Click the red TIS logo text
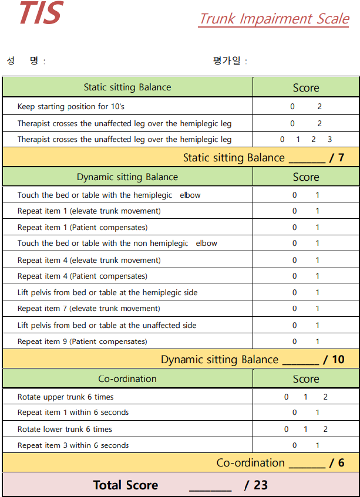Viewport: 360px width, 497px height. tap(41, 13)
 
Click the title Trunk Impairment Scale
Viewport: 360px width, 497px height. tap(274, 19)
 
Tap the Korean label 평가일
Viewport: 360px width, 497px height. tap(227, 60)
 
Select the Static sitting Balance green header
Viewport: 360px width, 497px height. tap(127, 87)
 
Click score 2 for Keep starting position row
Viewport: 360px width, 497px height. tap(319, 107)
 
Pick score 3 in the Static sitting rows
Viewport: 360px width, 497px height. tap(329, 140)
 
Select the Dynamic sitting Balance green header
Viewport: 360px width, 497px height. tap(127, 177)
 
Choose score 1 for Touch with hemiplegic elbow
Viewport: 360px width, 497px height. tap(318, 195)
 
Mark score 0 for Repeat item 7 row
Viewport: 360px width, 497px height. tap(295, 309)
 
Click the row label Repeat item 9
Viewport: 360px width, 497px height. tap(82, 342)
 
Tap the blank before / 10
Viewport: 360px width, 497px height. tap(300, 360)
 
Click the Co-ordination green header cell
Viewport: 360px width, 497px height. tap(127, 379)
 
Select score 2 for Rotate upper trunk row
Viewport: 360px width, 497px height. tap(325, 397)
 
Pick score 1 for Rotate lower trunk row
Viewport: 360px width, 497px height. tap(305, 430)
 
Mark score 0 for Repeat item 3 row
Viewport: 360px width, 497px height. tap(295, 445)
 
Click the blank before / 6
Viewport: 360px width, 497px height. tap(307, 463)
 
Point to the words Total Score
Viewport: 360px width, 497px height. tap(126, 485)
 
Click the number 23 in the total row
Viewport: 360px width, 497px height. tap(261, 485)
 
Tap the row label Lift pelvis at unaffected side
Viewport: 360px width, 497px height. tap(107, 325)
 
